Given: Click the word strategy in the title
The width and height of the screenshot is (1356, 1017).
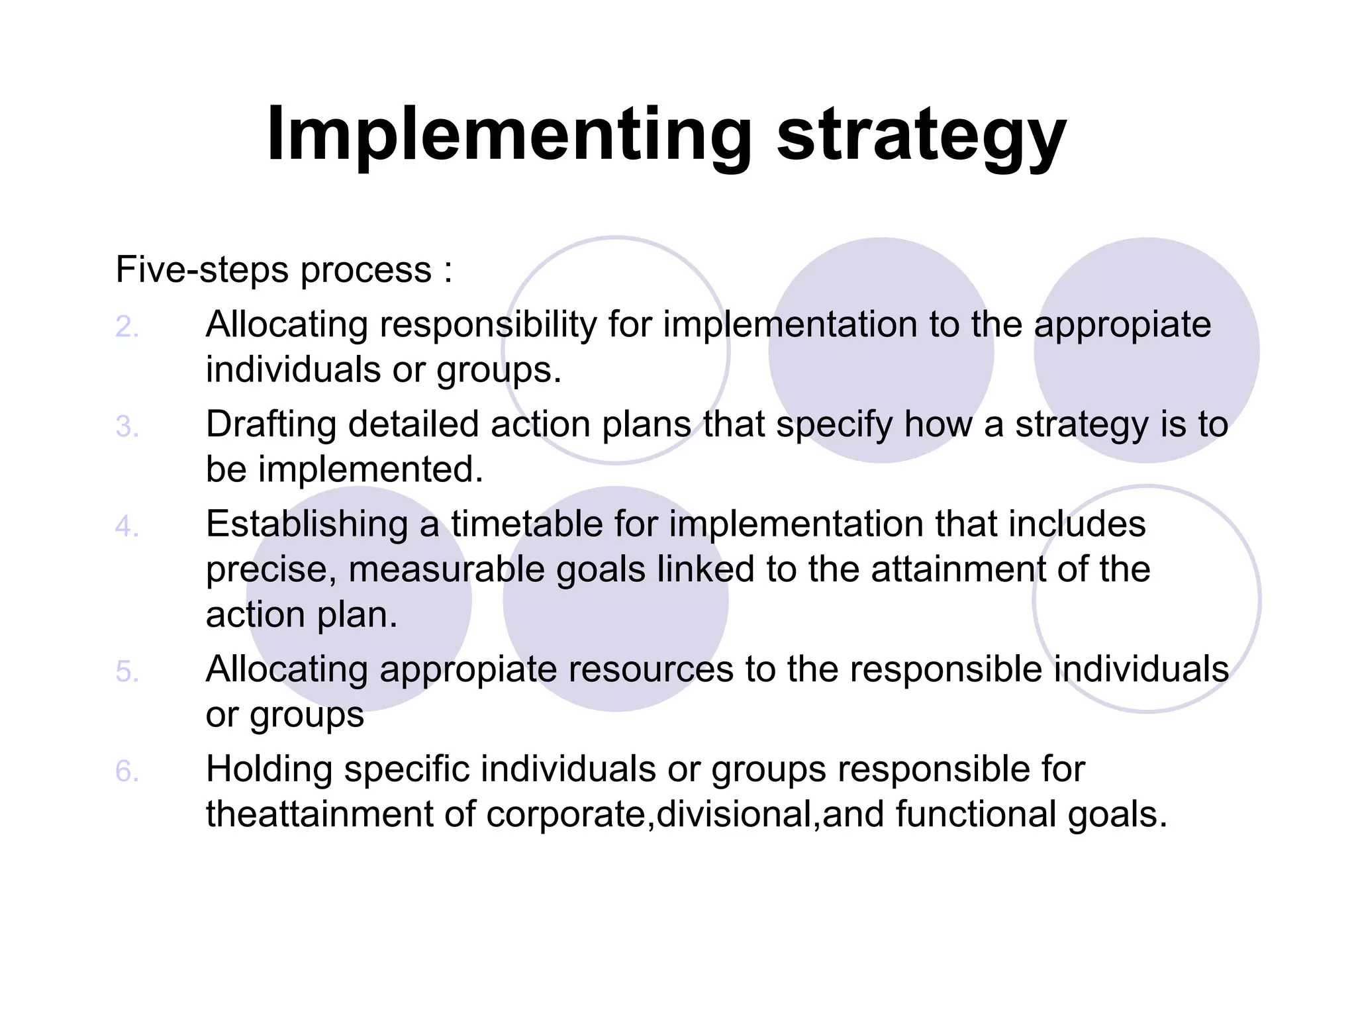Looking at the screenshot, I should pyautogui.click(x=920, y=137).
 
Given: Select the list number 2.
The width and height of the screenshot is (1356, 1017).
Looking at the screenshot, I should pyautogui.click(x=126, y=326).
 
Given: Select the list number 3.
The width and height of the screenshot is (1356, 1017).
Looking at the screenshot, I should pyautogui.click(x=126, y=426).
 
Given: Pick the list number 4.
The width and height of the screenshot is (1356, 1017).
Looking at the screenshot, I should pyautogui.click(x=126, y=526).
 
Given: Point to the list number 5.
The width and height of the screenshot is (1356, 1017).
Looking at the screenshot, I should pyautogui.click(x=126, y=671).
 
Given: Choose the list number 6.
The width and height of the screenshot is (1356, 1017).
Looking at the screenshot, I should pyautogui.click(x=126, y=771).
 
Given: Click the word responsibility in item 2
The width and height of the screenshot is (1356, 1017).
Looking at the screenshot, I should pyautogui.click(x=488, y=326).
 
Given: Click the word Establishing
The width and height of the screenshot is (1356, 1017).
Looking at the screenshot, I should pyautogui.click(x=307, y=524).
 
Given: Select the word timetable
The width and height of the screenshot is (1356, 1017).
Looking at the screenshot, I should pyautogui.click(x=526, y=524).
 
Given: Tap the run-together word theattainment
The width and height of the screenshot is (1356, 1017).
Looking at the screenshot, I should pyautogui.click(x=318, y=814).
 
